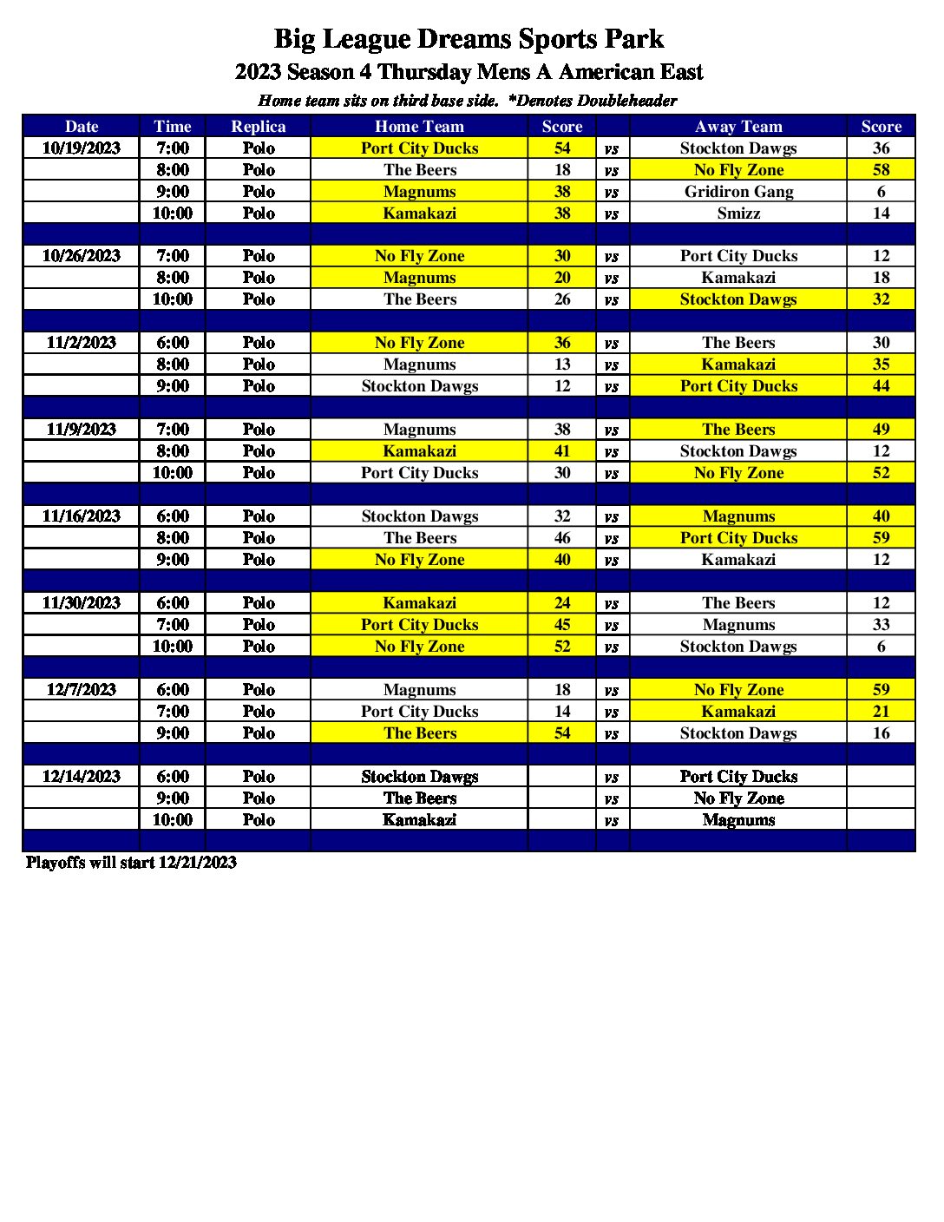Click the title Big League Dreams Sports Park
point(469,39)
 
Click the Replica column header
point(258,127)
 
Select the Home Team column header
point(419,127)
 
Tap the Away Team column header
point(738,127)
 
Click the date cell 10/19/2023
point(82,148)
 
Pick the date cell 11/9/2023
point(82,430)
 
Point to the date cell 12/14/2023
point(82,777)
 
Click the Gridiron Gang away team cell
point(738,192)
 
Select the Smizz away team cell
point(738,214)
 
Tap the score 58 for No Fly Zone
point(881,170)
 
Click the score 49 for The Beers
point(881,430)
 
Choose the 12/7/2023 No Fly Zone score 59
point(881,690)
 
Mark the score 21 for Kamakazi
point(881,712)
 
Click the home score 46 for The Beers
point(562,538)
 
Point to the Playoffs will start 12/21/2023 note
point(131,863)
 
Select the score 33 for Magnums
point(881,625)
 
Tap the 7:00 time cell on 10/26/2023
point(173,256)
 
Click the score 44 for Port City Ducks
point(881,386)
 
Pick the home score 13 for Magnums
point(562,365)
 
